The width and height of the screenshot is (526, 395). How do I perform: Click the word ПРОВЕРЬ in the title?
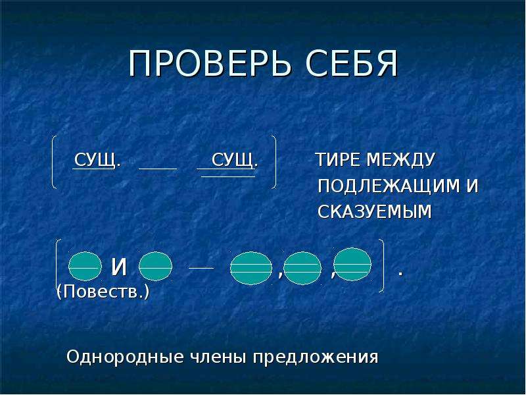tap(209, 64)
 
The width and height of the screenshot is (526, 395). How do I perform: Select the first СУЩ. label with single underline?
tap(97, 160)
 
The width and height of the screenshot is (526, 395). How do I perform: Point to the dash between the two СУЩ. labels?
tap(158, 168)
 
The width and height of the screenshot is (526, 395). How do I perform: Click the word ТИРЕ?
tap(339, 160)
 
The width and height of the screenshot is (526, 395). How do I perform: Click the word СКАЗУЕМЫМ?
tap(374, 211)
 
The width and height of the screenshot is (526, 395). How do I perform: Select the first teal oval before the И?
tap(85, 266)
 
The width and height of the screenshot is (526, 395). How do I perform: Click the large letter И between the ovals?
tap(119, 267)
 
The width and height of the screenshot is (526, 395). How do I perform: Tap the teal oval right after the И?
tap(155, 266)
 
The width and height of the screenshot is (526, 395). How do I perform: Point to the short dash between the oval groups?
tap(201, 268)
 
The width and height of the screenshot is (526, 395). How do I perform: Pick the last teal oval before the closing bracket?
tap(352, 265)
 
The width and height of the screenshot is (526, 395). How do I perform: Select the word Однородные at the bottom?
tap(125, 357)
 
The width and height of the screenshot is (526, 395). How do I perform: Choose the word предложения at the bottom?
tap(316, 357)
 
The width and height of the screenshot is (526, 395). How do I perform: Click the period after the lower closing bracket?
tap(400, 274)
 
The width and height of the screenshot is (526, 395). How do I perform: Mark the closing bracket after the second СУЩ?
tap(275, 162)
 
